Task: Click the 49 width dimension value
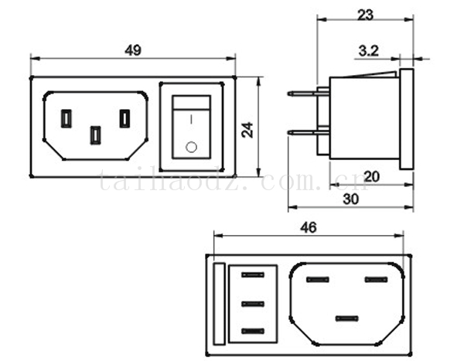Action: click(x=132, y=50)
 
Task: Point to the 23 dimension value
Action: click(x=366, y=15)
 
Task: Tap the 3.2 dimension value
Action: click(x=369, y=51)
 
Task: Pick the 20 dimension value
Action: click(x=371, y=176)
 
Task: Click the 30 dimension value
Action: click(x=350, y=199)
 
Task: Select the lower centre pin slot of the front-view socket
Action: click(x=95, y=135)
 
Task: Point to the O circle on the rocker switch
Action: click(x=191, y=145)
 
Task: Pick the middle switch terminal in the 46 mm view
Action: click(x=252, y=303)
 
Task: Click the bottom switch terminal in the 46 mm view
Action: click(x=252, y=331)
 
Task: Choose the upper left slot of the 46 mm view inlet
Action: click(x=318, y=279)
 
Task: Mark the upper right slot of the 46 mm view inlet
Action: click(x=376, y=279)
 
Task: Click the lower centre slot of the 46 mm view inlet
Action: click(x=347, y=318)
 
